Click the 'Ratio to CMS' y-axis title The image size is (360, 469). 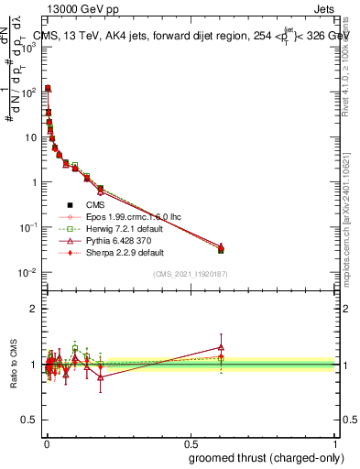click(12, 365)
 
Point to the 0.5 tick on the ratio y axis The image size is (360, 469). click(31, 420)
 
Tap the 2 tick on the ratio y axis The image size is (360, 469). click(35, 309)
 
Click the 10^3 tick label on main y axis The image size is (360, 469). click(28, 48)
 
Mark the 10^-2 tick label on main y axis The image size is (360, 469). click(28, 272)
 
